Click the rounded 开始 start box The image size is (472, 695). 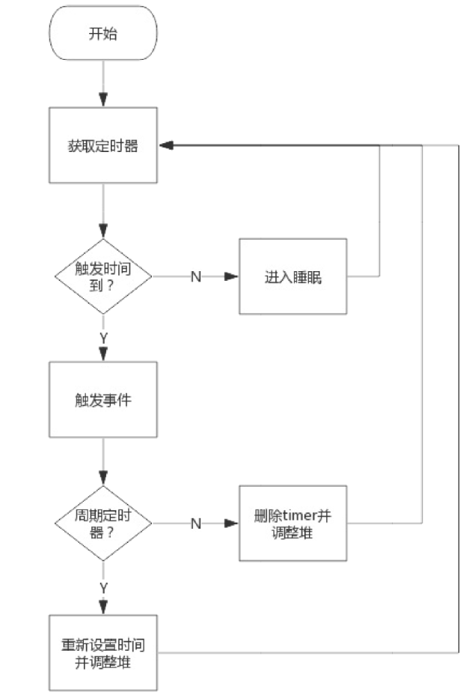coord(103,34)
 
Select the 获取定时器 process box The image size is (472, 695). coord(103,145)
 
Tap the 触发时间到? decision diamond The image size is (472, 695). coord(103,276)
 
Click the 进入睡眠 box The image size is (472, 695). coord(292,276)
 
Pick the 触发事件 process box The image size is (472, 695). coord(103,399)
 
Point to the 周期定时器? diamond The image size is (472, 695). coord(103,523)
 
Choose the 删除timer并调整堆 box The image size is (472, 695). coord(292,523)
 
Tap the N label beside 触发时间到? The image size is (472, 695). coord(196,276)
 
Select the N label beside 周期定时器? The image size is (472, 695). coord(196,523)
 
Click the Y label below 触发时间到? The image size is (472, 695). coord(103,339)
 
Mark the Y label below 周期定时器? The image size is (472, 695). coord(103,588)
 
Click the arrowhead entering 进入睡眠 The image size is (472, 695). coord(232,276)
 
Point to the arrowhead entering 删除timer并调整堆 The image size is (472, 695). coord(232,523)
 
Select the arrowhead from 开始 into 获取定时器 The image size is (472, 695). coord(103,100)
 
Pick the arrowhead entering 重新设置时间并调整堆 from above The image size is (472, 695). coord(103,607)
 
